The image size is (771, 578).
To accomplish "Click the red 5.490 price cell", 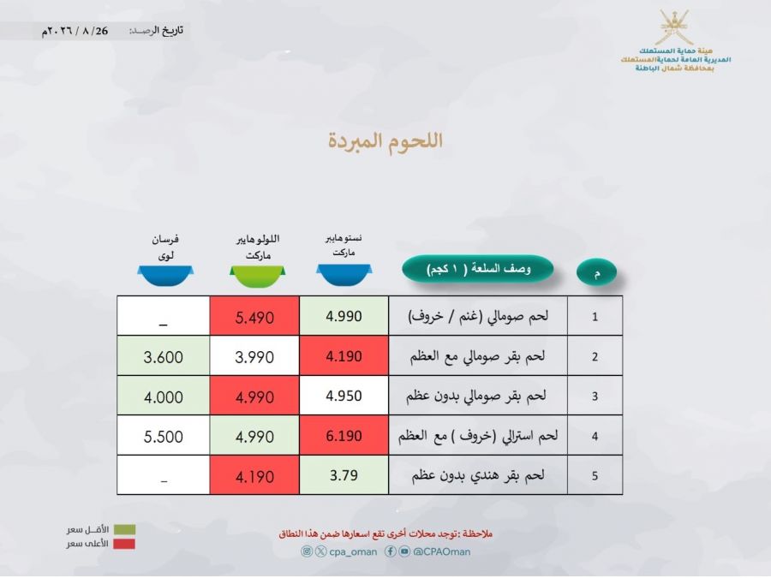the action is pos(254,316).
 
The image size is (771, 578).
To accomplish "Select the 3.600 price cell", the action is pos(164,356).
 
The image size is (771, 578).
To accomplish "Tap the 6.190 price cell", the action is pos(344,436).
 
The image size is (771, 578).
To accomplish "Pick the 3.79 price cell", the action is pos(344,475).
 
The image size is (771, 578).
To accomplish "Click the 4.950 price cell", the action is pos(344,396).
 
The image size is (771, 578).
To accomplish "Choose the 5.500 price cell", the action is pos(164,436).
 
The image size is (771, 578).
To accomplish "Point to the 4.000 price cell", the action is pos(164,396).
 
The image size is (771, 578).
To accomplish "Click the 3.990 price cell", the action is pos(254,356).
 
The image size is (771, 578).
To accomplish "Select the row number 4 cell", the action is pos(595,436).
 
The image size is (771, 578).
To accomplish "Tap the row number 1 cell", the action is pos(595,317).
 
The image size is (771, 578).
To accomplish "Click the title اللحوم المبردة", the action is pos(385,140).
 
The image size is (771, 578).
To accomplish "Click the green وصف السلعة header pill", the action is pos(478,269).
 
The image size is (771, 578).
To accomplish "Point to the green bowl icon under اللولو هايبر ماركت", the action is pos(257,276).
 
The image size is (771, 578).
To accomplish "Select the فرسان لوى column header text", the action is pos(165,247).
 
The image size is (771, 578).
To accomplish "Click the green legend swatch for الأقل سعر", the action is pos(124,530).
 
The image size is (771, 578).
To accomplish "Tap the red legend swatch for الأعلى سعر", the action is pos(124,544).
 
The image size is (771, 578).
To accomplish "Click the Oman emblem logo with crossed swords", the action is pos(676,27).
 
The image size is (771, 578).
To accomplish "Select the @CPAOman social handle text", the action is pos(441,552).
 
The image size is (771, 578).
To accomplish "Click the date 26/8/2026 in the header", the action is pos(75,31).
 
